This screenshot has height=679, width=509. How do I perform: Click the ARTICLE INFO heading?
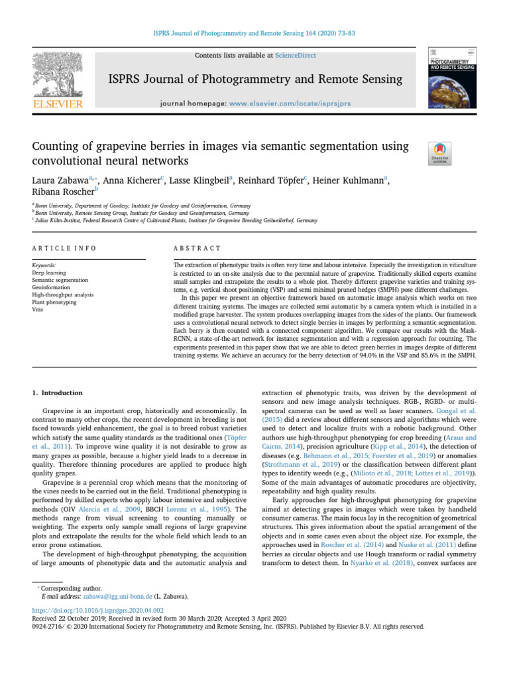point(64,248)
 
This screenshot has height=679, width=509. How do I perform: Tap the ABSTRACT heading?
point(197,248)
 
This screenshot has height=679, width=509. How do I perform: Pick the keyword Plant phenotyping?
point(55,301)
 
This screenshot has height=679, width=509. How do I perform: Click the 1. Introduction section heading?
point(58,393)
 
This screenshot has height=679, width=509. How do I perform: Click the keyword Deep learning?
point(48,272)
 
